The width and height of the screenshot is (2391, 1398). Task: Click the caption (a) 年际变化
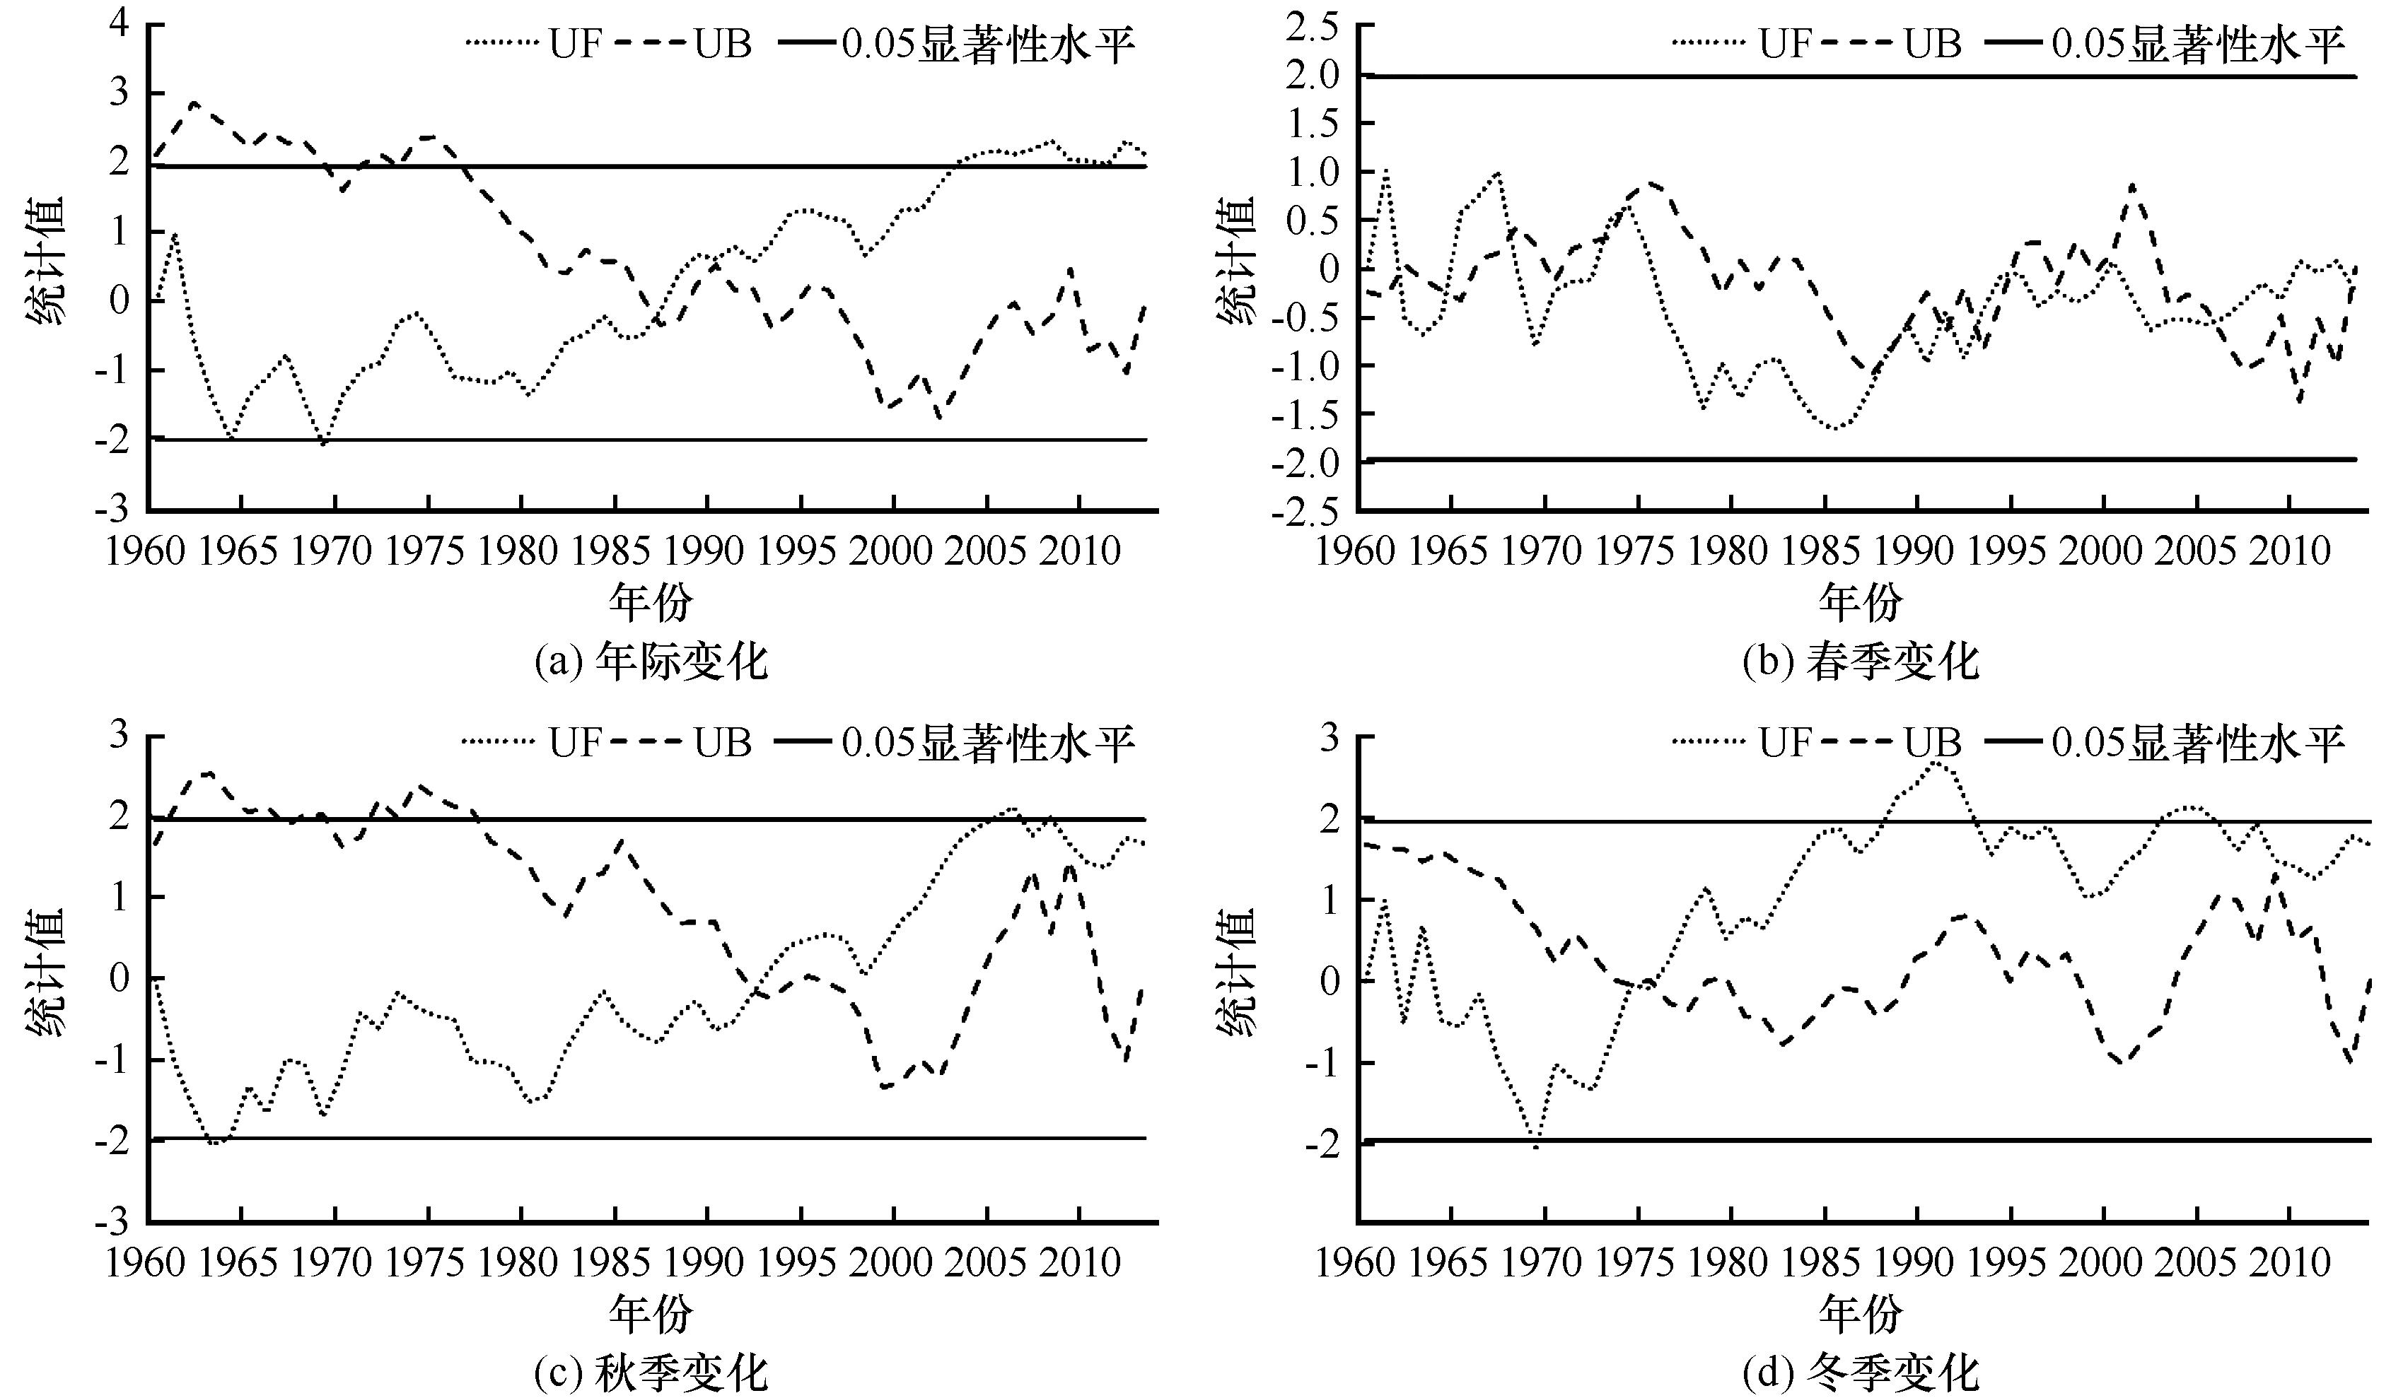tap(651, 661)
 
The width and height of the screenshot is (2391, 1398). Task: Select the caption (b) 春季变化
tap(1861, 661)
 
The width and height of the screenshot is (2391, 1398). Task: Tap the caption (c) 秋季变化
tap(651, 1373)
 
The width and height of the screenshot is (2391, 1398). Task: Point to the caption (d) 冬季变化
tap(1861, 1373)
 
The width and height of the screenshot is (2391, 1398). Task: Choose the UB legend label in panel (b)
tap(1932, 44)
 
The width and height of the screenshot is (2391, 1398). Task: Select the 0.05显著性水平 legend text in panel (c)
tap(988, 743)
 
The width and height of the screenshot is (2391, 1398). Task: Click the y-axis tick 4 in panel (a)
tap(119, 25)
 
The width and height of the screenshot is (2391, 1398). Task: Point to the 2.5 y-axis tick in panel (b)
tap(1314, 27)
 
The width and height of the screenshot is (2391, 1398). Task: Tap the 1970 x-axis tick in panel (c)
tap(332, 1262)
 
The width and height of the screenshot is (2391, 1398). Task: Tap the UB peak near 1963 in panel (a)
tap(194, 102)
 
